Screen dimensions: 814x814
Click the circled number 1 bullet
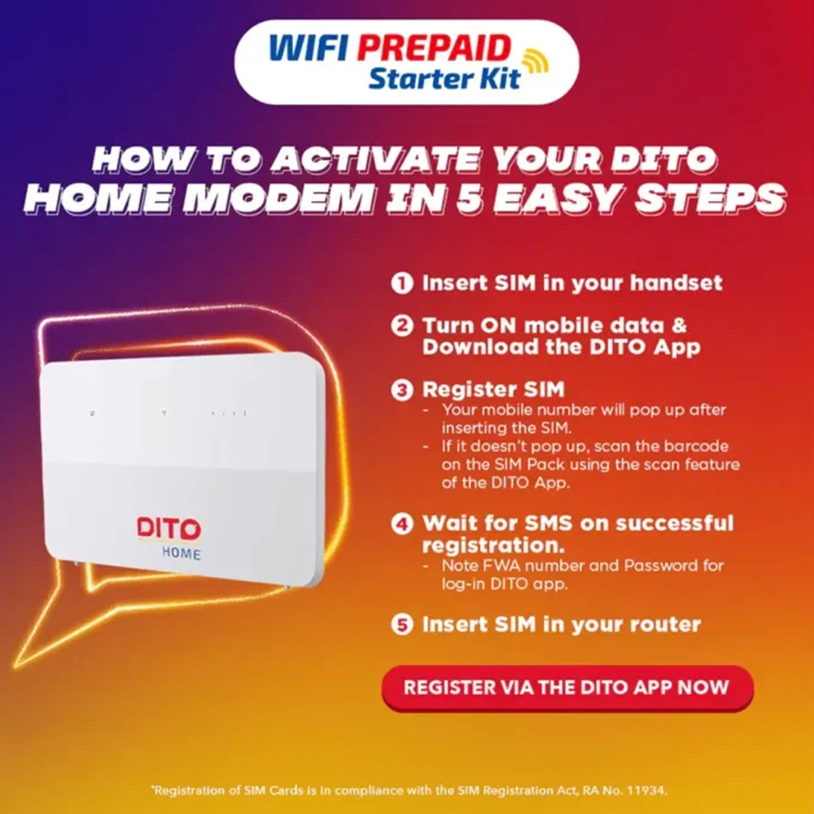coord(400,283)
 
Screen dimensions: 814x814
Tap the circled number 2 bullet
coord(400,326)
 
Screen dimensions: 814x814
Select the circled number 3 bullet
coord(400,390)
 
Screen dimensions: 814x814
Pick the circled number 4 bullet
coord(400,523)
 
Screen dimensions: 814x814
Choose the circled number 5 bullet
coord(400,625)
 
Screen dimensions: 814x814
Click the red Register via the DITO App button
coord(567,688)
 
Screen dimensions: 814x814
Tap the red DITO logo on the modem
coord(168,528)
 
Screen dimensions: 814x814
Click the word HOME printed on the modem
coord(180,554)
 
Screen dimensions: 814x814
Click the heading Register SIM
coord(492,390)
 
